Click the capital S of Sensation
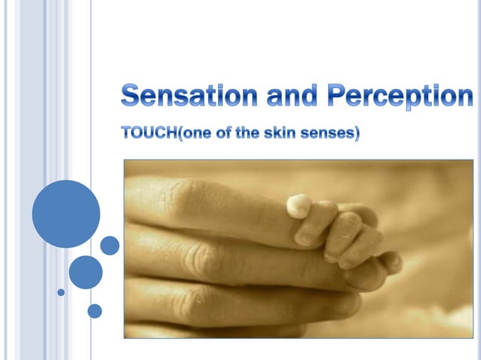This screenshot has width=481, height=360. coord(132,97)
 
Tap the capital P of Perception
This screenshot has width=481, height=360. coord(336,97)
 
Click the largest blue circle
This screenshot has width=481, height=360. coord(66,214)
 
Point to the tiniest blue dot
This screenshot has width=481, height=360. coord(61,291)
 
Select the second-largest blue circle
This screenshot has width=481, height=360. coord(85,272)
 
